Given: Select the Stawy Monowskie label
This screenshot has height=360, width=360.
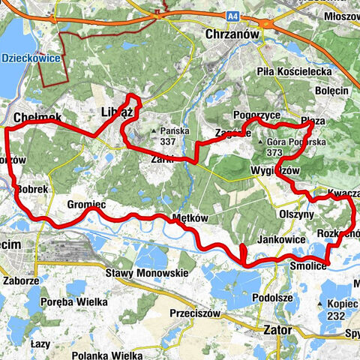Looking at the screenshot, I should point(147,273).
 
